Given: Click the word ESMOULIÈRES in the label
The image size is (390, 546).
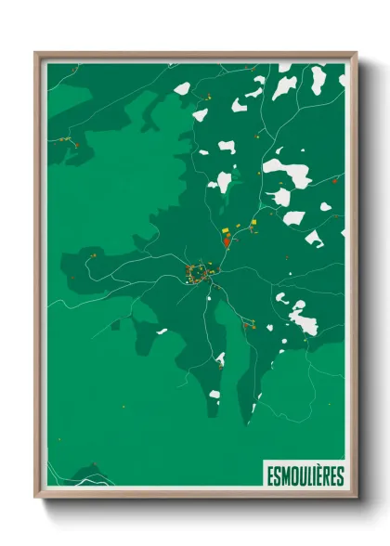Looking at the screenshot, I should (305, 476).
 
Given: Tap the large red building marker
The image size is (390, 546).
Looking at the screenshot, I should (226, 240).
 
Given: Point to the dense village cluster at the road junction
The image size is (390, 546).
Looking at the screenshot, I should (199, 273).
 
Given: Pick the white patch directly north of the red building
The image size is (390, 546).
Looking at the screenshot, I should (223, 181).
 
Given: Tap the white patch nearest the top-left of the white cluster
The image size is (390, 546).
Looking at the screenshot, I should (182, 89).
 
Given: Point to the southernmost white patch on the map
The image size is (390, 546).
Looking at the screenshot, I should (214, 394).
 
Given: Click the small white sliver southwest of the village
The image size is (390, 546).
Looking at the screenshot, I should (162, 331).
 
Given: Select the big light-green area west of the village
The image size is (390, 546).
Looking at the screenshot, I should (102, 204).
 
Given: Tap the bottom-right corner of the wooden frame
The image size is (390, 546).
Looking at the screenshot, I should (356, 497).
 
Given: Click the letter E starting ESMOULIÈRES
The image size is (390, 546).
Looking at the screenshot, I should (269, 476).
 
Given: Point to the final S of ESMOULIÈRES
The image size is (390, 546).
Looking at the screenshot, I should (340, 476).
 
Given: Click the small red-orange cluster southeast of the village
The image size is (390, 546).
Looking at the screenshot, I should (246, 324).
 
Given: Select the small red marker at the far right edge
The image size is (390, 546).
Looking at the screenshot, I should (333, 181).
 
